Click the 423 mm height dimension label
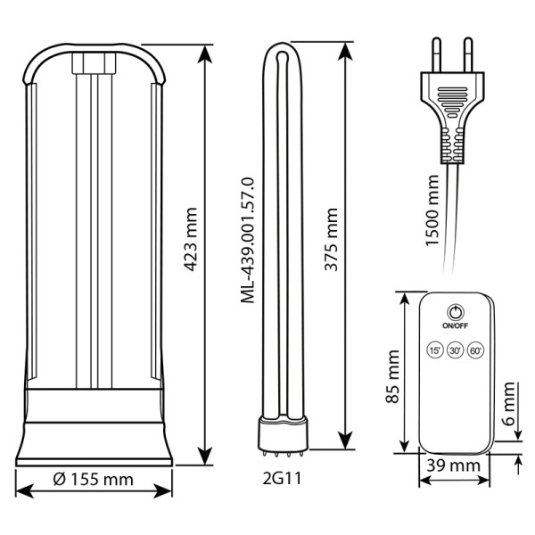[x=190, y=239]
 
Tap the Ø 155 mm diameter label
[x=93, y=480]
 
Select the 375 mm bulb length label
[x=331, y=239]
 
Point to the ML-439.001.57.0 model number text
[x=248, y=240]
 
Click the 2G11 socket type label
[x=282, y=478]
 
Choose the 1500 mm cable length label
[x=432, y=210]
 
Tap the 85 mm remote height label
[x=392, y=376]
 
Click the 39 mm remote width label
[x=454, y=465]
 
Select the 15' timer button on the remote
[x=435, y=350]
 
